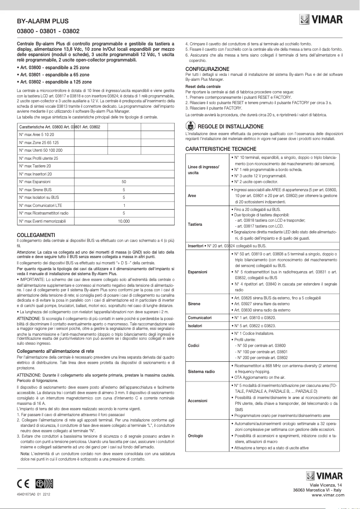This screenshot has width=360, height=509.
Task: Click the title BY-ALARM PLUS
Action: [x=40, y=21]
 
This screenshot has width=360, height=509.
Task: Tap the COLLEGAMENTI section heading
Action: [x=35, y=235]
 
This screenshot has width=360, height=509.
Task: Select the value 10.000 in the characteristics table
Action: [x=123, y=222]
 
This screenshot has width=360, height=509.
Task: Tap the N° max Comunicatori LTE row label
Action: [x=41, y=206]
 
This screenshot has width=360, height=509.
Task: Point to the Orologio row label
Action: [x=196, y=435]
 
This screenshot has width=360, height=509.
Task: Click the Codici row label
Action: [x=194, y=346]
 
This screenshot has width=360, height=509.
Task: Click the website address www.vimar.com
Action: [x=328, y=494]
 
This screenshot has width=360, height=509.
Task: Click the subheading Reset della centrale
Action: [x=203, y=86]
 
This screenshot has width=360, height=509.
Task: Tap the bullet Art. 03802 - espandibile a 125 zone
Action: [x=54, y=83]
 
